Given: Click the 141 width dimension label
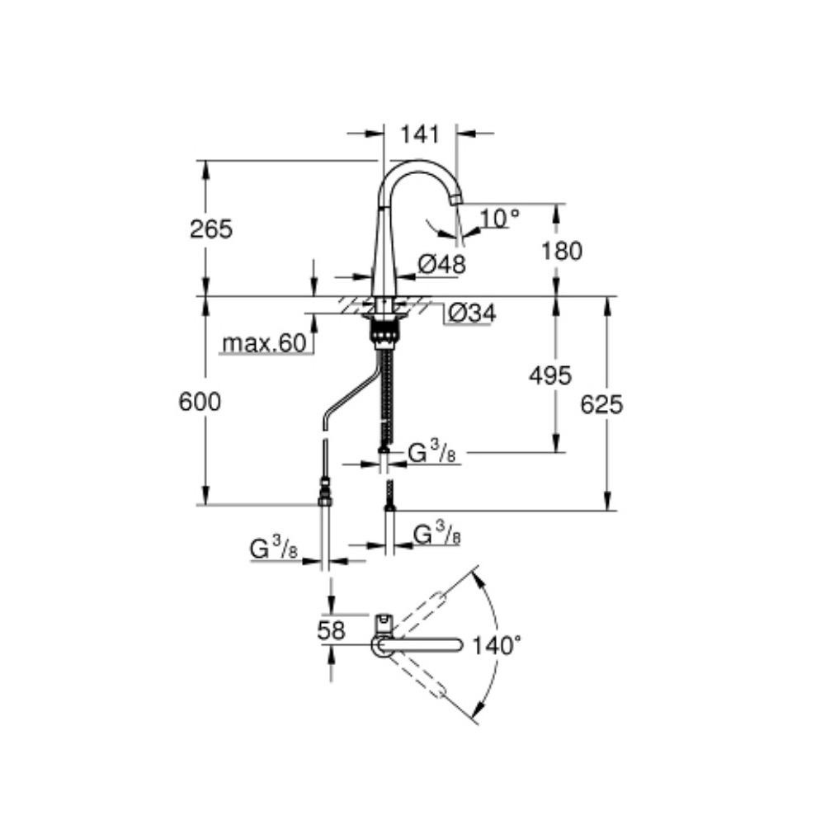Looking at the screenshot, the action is [x=420, y=134].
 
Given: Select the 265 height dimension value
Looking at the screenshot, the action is [x=211, y=229].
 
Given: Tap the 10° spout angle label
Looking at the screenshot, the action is [x=500, y=217].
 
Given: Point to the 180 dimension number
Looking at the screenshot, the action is [x=562, y=251].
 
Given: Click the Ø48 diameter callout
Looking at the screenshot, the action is [x=442, y=264].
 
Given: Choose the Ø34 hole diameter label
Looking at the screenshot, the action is [x=472, y=313].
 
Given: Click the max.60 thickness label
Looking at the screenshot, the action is [x=264, y=343].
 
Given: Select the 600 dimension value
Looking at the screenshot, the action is [x=200, y=402].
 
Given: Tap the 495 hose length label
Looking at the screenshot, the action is [x=549, y=375].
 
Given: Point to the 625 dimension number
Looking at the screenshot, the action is [x=601, y=404].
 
